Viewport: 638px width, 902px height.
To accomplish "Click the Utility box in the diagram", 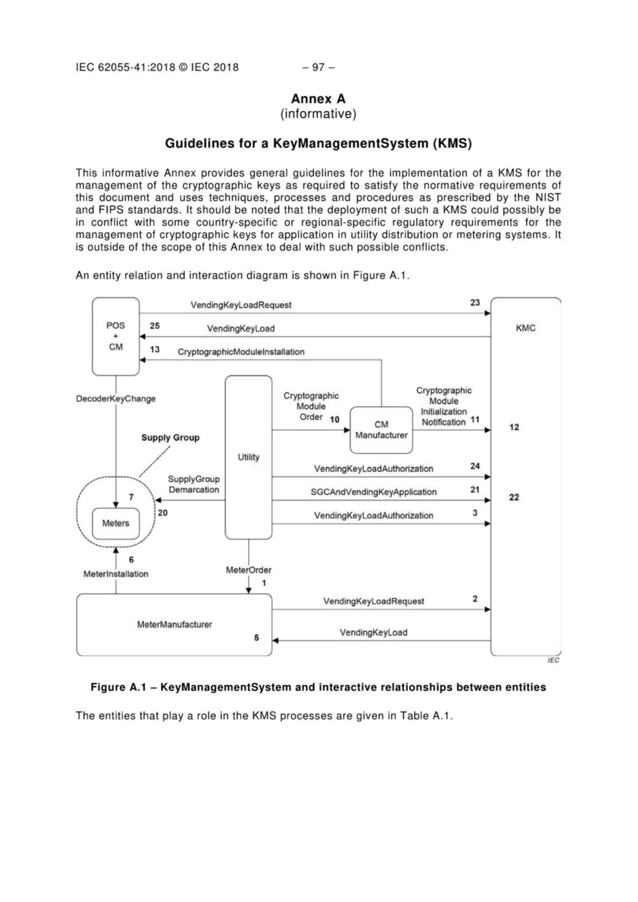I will [x=248, y=457].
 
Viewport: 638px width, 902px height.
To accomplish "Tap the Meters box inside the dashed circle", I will [x=115, y=523].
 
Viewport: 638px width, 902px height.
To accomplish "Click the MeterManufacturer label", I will [x=174, y=624].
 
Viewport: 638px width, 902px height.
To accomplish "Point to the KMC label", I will [x=526, y=328].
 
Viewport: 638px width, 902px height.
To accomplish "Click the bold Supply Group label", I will [x=170, y=438].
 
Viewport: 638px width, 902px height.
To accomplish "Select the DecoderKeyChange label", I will [x=115, y=399].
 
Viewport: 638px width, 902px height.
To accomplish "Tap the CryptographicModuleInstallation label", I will [x=241, y=352].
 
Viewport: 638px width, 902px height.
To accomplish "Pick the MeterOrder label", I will [x=248, y=570].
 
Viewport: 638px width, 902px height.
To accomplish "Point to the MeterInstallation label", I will [x=115, y=574].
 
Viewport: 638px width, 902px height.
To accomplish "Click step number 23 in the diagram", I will [x=475, y=303].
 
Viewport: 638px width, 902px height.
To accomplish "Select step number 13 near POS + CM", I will [x=155, y=349].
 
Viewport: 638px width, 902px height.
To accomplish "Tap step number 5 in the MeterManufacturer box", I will [x=256, y=638].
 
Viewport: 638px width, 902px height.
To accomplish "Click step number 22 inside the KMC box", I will [x=514, y=497].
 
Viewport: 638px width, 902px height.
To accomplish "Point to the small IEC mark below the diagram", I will [x=553, y=660].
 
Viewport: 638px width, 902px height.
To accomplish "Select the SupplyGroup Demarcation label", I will [x=194, y=484].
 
